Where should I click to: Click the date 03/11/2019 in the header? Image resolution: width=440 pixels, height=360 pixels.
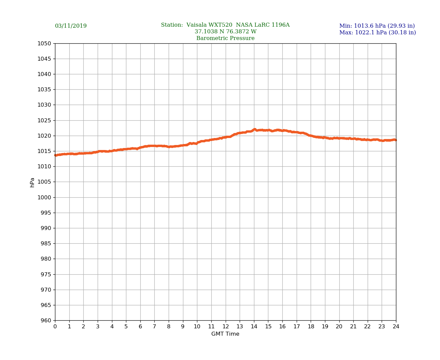coord(71,26)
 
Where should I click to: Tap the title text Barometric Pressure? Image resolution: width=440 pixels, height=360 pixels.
coord(225,38)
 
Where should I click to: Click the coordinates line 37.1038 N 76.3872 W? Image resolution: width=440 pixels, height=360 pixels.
coord(225,32)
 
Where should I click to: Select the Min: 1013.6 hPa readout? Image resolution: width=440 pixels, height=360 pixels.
coord(377,26)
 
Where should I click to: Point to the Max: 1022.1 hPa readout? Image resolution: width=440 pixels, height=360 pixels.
coord(377,33)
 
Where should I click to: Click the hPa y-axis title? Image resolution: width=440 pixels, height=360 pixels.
coord(32,182)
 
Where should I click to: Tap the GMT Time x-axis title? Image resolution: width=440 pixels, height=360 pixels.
coord(225,334)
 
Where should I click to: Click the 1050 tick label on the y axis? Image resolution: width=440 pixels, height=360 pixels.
coord(44,43)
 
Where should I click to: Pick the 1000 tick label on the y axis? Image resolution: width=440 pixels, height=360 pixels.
coord(44,197)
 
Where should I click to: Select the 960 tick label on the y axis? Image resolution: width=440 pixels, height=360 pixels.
coord(46,321)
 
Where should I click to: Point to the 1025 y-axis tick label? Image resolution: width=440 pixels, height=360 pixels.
coord(44,120)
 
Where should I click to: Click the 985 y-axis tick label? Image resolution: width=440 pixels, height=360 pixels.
coord(46,244)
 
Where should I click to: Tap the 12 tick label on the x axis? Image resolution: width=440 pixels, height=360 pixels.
coord(226,327)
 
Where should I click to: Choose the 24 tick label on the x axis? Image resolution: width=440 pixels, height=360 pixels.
coord(396,327)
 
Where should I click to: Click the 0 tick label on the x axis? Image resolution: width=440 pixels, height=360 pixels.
coord(55,327)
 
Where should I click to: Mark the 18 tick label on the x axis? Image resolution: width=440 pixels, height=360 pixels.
coord(311,327)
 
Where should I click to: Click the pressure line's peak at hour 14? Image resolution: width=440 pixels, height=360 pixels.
coord(254,129)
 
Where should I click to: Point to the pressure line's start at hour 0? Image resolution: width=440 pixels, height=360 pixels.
coord(55,155)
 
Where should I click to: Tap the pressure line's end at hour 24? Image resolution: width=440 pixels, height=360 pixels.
coord(396,140)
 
